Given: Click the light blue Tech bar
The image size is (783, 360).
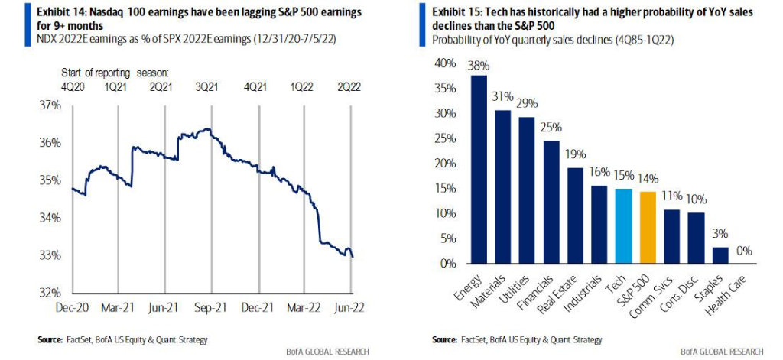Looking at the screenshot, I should point(623,226).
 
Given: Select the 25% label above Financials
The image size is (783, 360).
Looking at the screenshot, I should point(551,126).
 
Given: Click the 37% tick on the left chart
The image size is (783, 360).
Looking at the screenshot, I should point(50,105).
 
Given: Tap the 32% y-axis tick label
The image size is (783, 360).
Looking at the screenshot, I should point(50,293).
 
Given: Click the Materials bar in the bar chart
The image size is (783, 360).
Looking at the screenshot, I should point(503,187).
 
